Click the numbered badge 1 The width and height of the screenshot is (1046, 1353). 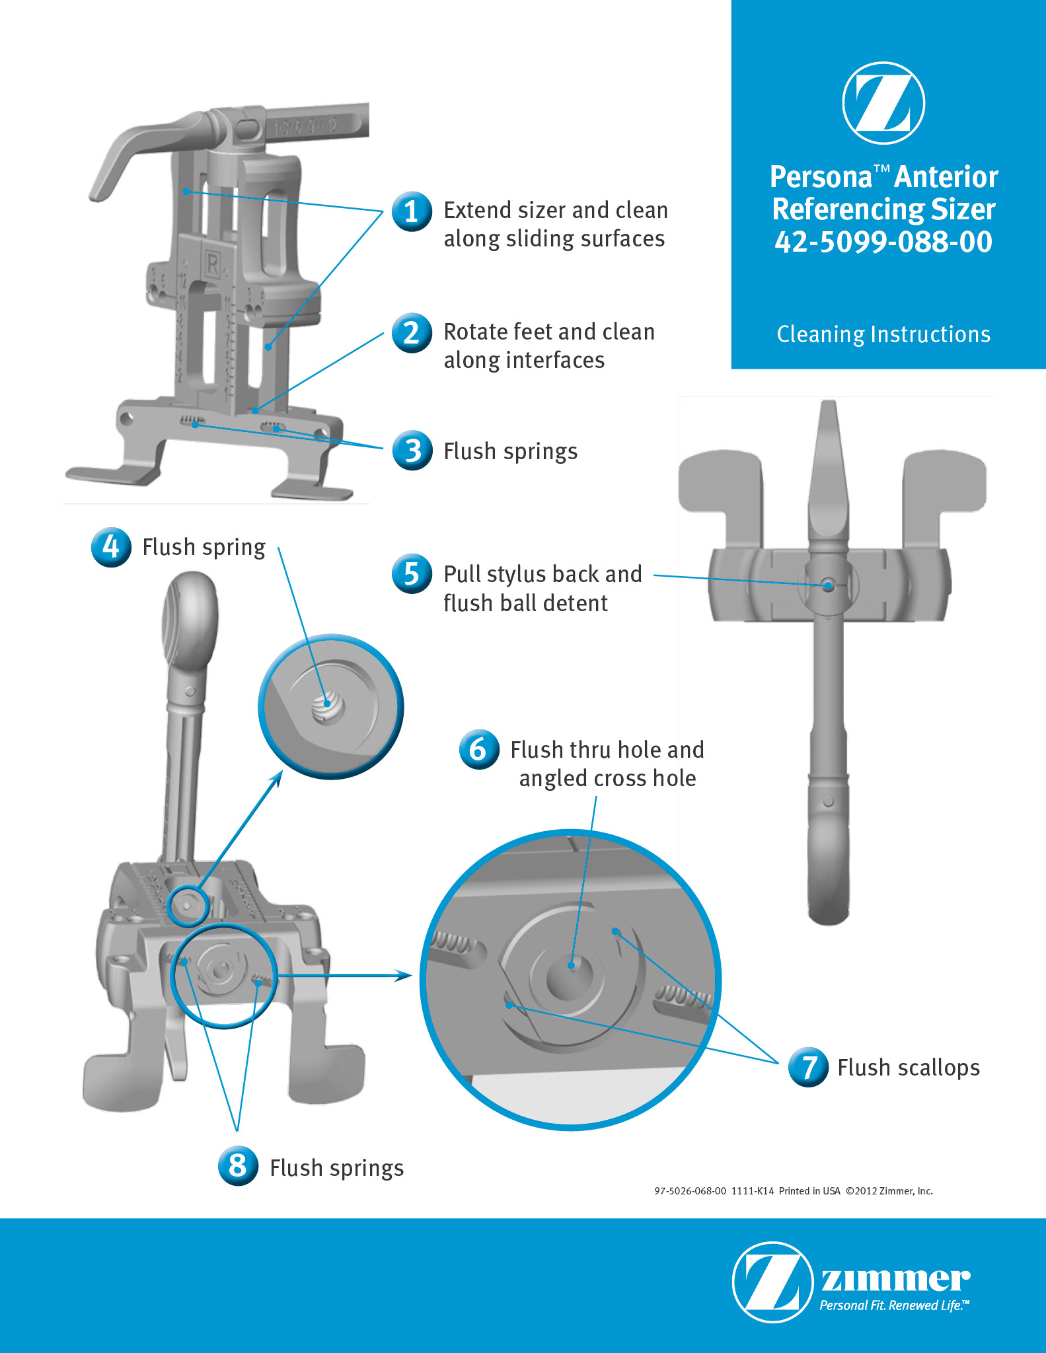tap(412, 211)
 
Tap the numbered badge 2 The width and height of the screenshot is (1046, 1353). tap(412, 332)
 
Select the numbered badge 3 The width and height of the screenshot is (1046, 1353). tap(412, 451)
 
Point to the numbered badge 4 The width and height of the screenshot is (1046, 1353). tap(111, 547)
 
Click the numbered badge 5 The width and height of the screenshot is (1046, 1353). tap(412, 573)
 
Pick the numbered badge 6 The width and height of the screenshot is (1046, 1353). tap(479, 749)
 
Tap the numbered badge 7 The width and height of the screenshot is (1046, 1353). tap(808, 1067)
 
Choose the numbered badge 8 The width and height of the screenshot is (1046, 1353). tap(238, 1166)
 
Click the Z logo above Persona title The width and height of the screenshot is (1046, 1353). tap(883, 103)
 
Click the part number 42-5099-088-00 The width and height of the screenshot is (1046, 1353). tap(883, 242)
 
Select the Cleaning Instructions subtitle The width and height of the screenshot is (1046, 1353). tap(883, 334)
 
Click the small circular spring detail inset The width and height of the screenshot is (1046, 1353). tap(330, 706)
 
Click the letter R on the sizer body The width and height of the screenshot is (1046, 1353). tap(212, 265)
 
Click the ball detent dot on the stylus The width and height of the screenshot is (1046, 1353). tap(828, 585)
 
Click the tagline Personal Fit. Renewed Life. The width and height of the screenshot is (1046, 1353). tap(894, 1305)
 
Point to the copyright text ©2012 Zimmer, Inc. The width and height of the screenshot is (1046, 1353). tap(889, 1190)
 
